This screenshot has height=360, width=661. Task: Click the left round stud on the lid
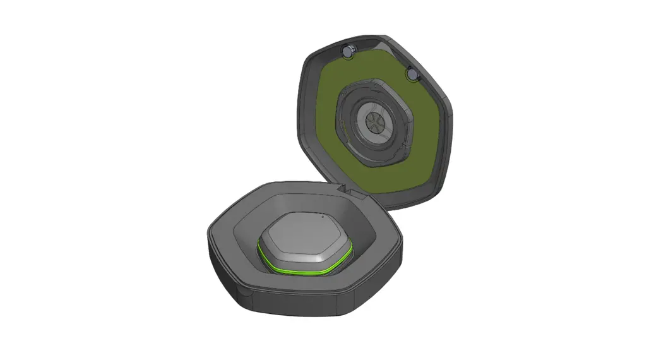[348, 51]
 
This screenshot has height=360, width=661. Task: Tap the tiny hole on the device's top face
[321, 215]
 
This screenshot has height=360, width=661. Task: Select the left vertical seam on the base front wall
[243, 290]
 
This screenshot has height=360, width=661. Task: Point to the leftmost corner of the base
[209, 237]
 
